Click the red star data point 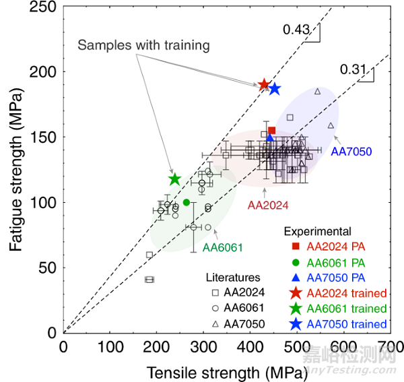pos(264,85)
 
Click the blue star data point pos(274,89)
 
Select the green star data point pos(175,179)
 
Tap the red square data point pos(271,131)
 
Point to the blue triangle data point pos(270,138)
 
